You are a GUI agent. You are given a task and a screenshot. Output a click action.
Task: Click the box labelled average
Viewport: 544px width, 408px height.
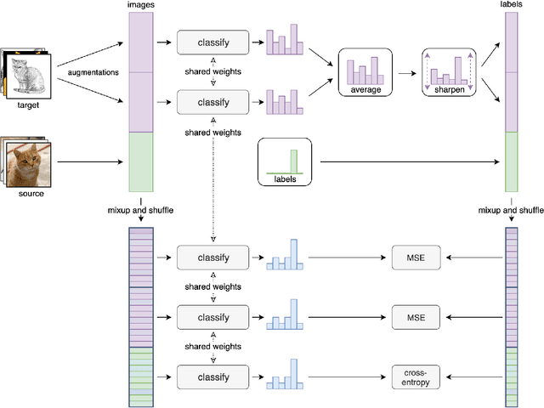click(x=365, y=71)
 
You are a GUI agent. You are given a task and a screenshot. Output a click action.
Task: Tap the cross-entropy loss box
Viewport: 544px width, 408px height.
click(x=416, y=375)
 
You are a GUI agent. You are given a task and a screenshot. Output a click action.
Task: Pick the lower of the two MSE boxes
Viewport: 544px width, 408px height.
click(x=416, y=316)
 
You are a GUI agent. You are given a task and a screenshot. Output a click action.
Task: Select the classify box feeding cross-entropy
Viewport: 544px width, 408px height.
click(x=212, y=375)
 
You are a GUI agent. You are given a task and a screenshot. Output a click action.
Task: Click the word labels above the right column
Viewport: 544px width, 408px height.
click(x=511, y=5)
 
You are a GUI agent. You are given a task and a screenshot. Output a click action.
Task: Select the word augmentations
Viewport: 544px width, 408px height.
click(x=93, y=73)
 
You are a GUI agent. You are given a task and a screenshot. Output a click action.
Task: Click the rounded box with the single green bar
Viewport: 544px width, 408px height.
click(x=285, y=161)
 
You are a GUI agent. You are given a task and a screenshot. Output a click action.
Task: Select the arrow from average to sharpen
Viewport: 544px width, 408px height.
click(x=406, y=71)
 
